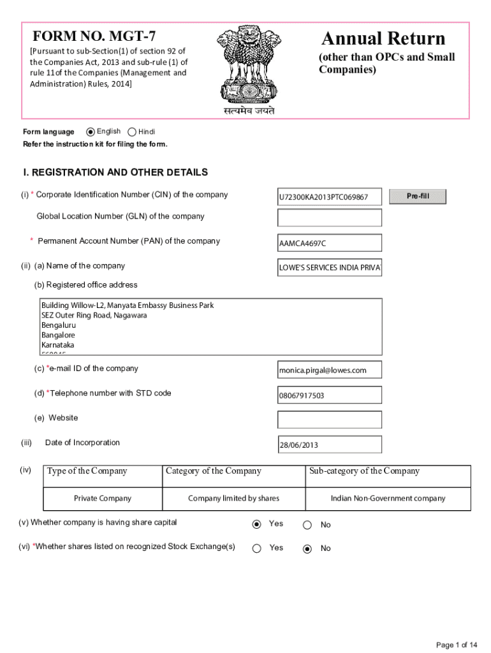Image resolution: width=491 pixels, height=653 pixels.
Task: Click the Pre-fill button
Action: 418,196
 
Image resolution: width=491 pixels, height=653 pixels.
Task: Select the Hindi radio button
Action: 132,132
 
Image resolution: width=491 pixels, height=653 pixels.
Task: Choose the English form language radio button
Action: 91,132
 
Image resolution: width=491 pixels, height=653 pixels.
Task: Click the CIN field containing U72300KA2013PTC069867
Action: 329,197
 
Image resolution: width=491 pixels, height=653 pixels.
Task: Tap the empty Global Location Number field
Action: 329,217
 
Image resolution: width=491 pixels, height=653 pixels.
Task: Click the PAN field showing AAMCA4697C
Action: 329,243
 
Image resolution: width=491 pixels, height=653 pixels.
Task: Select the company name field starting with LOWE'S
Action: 329,268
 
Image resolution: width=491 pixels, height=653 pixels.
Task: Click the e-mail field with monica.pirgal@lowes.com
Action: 329,370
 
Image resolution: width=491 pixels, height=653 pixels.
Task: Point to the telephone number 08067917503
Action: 329,395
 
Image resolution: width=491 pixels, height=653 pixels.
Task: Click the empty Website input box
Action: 329,419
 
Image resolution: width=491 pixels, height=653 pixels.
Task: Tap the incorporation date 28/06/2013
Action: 329,444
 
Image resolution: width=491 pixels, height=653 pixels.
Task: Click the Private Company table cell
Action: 103,498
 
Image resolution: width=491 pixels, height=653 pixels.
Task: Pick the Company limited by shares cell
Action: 233,498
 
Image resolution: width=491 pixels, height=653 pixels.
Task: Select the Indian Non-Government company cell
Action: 388,498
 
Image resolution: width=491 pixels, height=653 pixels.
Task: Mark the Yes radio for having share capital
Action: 257,524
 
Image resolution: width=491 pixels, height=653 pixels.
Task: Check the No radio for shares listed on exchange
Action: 307,548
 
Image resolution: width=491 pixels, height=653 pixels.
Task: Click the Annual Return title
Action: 383,38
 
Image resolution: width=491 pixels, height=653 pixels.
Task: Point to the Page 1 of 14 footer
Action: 457,645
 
